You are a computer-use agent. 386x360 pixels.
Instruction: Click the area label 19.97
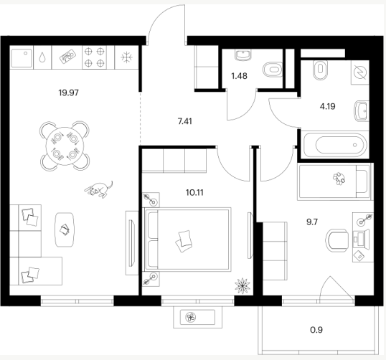68,93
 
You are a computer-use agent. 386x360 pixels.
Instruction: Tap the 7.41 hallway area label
185,121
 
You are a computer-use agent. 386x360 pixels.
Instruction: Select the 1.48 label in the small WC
240,76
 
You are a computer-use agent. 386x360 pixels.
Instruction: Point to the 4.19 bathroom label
327,107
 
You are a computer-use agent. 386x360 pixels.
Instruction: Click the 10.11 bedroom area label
194,192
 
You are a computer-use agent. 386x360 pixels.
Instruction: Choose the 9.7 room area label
312,222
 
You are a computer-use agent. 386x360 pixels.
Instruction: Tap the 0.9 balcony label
316,330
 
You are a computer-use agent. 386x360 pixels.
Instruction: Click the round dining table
65,146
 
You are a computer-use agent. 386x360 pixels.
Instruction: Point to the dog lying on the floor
99,189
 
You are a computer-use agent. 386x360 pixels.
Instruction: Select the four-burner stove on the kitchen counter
94,57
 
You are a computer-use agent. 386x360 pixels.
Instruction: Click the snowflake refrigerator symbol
126,57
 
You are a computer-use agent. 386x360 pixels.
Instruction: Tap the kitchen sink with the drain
22,58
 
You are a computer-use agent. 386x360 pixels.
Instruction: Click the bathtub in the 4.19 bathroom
335,145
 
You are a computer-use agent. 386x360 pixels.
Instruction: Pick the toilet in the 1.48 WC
273,70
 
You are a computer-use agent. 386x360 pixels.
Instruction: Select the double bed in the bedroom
188,240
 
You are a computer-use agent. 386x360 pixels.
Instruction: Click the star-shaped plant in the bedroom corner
243,285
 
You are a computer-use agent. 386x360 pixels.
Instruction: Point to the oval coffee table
65,229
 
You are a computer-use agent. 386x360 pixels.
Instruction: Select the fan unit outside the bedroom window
198,317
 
